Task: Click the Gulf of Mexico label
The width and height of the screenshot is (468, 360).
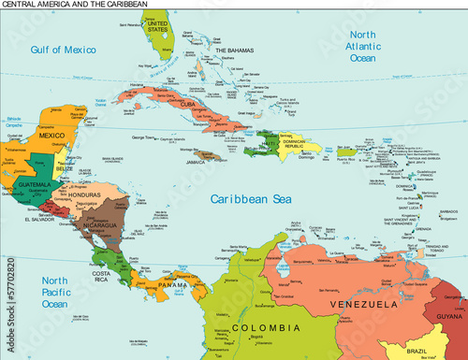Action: [64, 49]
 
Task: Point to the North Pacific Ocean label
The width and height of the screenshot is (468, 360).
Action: [55, 292]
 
